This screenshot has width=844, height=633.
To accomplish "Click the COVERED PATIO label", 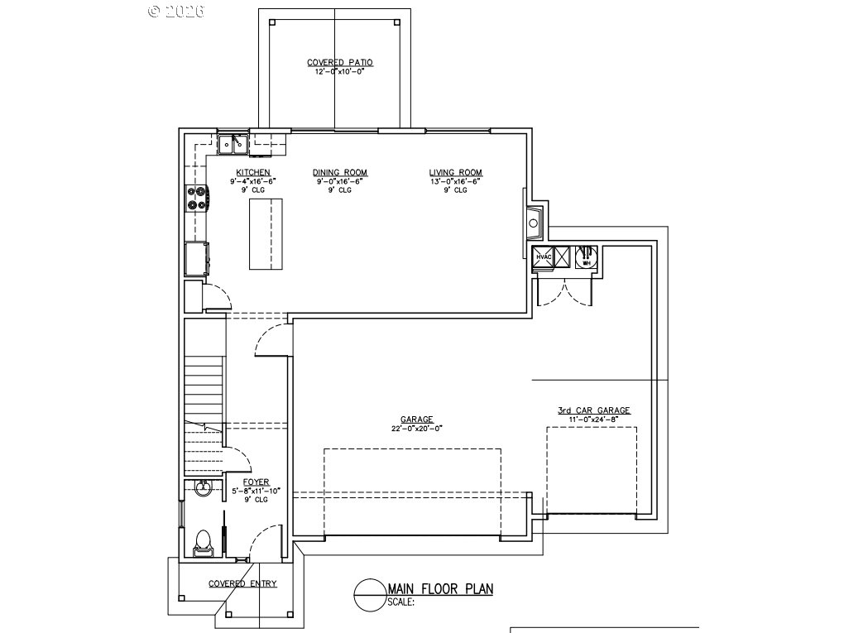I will click(x=339, y=62).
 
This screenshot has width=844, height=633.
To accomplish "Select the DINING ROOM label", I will click(x=339, y=172).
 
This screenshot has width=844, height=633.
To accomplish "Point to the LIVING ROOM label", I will click(x=455, y=172).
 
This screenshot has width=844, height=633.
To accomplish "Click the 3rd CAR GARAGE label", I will click(x=593, y=410).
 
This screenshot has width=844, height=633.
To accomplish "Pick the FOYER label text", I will click(x=256, y=482).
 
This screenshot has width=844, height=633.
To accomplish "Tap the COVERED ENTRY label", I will click(x=242, y=583).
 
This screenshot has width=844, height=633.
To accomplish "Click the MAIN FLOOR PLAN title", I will click(x=440, y=589).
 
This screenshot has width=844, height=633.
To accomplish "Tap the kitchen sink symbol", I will click(x=233, y=145).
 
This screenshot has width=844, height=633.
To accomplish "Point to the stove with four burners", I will click(x=198, y=198).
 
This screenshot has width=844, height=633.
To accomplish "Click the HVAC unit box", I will click(x=544, y=257).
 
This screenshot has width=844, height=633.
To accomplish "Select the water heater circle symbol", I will click(x=586, y=256).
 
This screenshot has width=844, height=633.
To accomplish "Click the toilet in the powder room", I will click(x=201, y=542).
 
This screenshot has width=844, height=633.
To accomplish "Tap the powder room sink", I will click(x=202, y=489).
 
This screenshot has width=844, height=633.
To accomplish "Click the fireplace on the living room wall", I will click(x=534, y=221).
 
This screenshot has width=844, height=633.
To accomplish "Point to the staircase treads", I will click(x=204, y=389).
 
